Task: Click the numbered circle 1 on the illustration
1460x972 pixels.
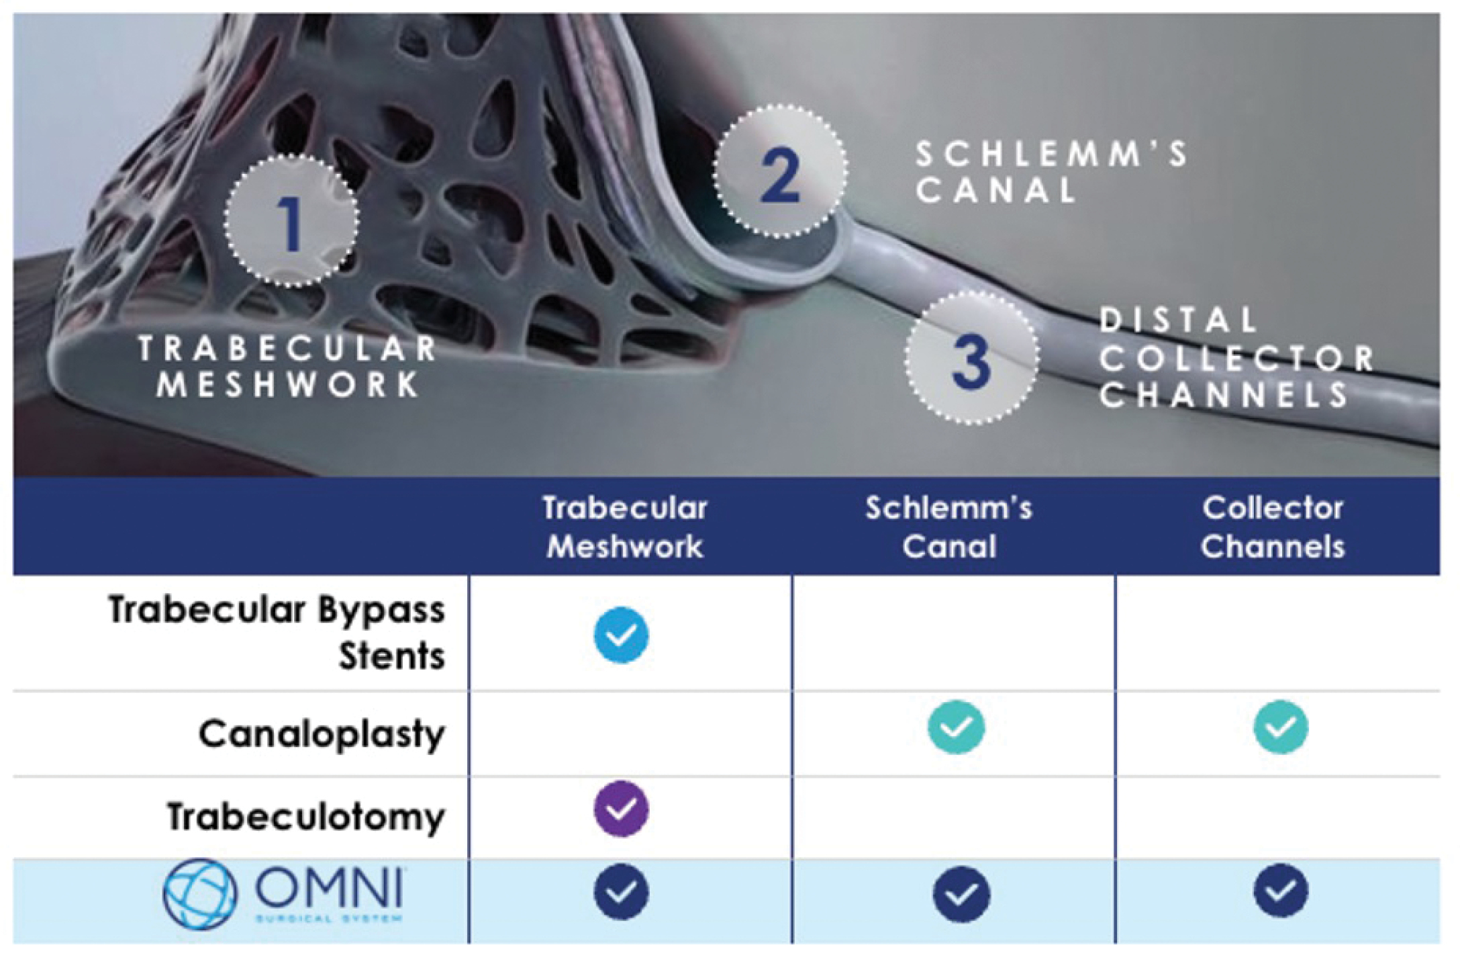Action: point(291,221)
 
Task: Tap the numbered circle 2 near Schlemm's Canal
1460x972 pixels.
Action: point(780,171)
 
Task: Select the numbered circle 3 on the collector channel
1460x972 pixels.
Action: point(971,358)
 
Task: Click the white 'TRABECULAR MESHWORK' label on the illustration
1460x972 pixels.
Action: point(289,367)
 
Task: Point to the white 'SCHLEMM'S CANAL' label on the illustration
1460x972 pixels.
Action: point(1051,172)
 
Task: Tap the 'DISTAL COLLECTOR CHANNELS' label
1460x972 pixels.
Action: point(1235,357)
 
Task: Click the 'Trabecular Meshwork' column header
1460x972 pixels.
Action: point(625,527)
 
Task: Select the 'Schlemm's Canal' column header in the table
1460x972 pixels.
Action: point(948,527)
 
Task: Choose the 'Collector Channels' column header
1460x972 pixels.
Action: point(1273,527)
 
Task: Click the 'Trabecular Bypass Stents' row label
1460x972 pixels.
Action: point(277,632)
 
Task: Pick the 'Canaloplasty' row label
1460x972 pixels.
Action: point(322,734)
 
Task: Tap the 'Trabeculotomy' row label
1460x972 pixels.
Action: point(305,817)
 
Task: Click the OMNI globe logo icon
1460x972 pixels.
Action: point(200,894)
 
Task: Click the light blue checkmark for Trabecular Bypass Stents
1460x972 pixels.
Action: point(622,635)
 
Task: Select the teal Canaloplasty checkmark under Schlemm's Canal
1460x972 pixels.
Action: point(956,727)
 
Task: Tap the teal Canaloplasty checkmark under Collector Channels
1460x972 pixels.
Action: point(1280,727)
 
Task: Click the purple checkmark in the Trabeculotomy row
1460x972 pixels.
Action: point(622,809)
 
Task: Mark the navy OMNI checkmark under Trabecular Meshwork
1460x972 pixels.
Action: point(622,892)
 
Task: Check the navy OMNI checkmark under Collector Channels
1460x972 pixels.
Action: point(1280,891)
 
